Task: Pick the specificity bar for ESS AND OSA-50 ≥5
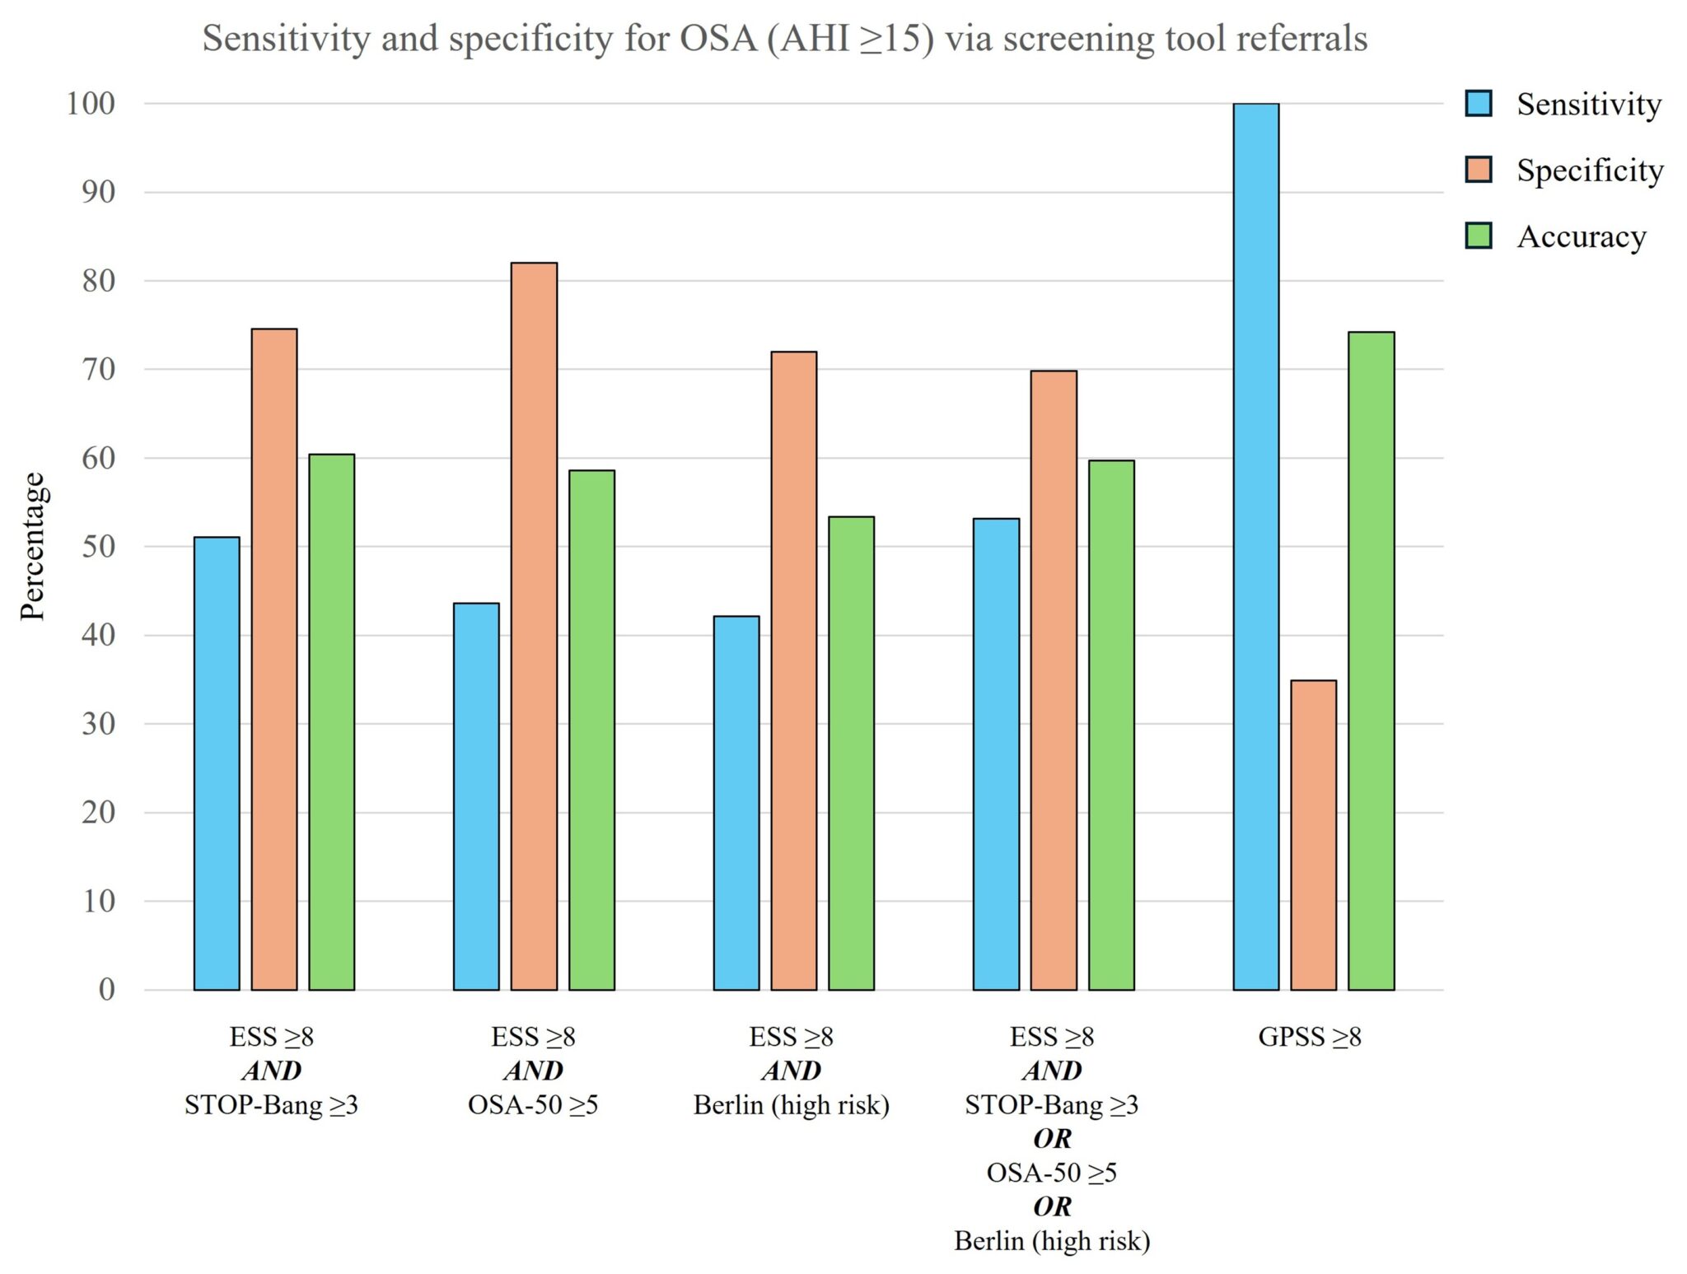point(534,626)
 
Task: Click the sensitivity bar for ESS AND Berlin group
point(736,802)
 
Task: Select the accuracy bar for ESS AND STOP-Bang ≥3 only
point(331,721)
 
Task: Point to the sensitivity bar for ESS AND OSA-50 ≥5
point(476,796)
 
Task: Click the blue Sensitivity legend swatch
point(1479,104)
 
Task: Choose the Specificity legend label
point(1589,170)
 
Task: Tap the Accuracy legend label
point(1581,236)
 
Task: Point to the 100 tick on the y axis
point(91,104)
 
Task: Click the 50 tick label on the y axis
point(98,546)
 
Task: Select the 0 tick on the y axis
point(106,989)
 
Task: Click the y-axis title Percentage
point(33,546)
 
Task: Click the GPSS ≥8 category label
point(1309,1036)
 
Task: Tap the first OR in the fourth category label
point(1052,1138)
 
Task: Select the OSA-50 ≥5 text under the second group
point(533,1104)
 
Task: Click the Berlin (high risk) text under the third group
point(791,1104)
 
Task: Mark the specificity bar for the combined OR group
point(1053,679)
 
